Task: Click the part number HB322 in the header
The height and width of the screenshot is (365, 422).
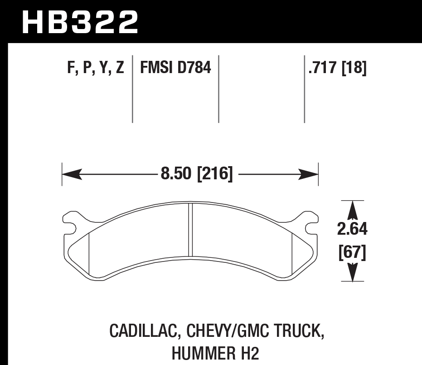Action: pyautogui.click(x=80, y=21)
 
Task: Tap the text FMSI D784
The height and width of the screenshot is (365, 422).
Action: pyautogui.click(x=175, y=69)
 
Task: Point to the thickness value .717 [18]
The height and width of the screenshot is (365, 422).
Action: pyautogui.click(x=337, y=69)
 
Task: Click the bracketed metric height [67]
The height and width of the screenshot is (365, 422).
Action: pyautogui.click(x=352, y=252)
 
